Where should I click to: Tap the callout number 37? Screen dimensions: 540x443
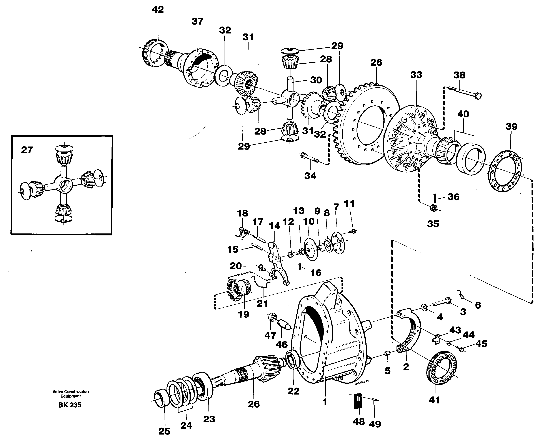coord(197,22)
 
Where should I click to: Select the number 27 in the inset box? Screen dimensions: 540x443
coord(27,150)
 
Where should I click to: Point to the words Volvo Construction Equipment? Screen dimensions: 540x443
coord(70,393)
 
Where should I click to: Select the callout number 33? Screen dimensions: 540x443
coord(416,75)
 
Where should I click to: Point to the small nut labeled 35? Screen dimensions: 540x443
coord(433,208)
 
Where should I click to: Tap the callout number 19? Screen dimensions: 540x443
coord(243,314)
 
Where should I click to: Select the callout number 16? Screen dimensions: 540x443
coord(315,273)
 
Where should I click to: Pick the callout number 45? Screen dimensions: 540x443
coord(481,344)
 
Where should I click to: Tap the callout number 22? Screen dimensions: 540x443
coord(293,391)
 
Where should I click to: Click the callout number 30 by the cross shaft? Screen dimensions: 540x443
coord(316,80)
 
